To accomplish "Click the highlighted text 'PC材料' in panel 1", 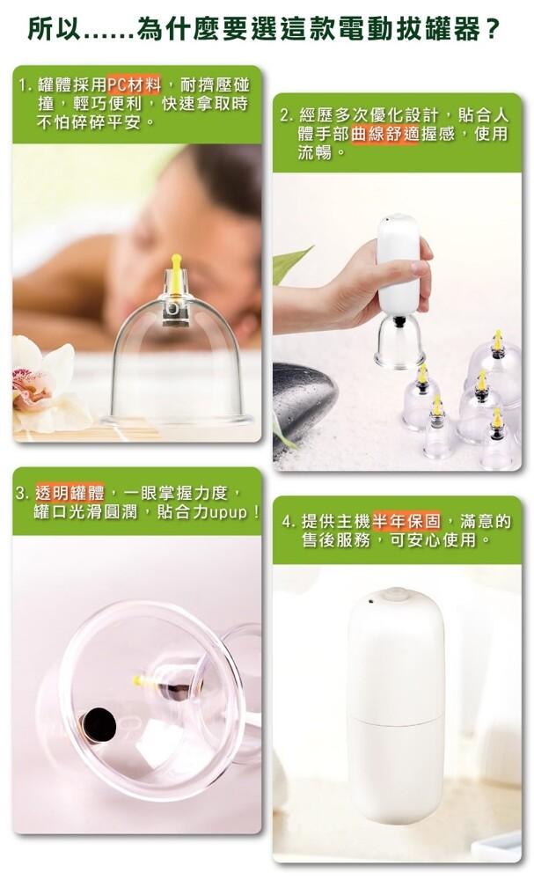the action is (x=135, y=85).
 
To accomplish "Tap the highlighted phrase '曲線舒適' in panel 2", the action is (x=384, y=134).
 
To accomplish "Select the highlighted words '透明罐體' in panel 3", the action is (x=69, y=494).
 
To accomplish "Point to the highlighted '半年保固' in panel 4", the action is (x=406, y=521).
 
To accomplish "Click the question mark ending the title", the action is (x=492, y=30).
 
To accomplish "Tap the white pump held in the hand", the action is (x=399, y=264).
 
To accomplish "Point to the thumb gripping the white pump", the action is (x=421, y=265).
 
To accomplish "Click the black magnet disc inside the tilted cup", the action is (x=99, y=724).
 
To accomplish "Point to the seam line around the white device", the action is (x=395, y=720).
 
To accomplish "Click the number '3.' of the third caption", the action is (x=23, y=494).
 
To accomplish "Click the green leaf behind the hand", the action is (x=292, y=265).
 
